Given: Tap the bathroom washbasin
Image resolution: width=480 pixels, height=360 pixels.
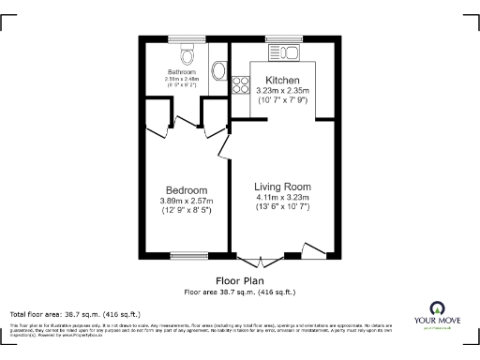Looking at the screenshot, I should click(219, 71).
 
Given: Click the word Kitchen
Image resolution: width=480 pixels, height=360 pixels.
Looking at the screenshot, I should click(282, 80).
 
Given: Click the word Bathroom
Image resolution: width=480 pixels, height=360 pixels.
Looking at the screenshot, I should click(182, 72).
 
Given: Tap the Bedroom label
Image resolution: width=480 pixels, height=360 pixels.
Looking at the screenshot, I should click(187, 190).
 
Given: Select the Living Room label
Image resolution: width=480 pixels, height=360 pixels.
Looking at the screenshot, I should click(282, 187).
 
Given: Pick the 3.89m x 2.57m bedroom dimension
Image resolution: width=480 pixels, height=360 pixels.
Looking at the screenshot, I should click(187, 201).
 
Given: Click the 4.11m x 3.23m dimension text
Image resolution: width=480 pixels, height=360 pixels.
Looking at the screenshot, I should click(282, 197).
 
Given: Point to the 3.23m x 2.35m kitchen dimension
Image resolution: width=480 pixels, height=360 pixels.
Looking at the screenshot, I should click(282, 90).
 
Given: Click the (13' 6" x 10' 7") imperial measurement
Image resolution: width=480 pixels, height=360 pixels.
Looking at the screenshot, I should click(282, 207).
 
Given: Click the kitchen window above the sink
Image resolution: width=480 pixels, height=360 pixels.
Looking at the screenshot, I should click(281, 39).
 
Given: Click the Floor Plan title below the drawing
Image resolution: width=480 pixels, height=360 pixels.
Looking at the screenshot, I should click(239, 280).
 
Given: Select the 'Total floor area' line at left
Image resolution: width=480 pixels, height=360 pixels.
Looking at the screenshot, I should click(75, 313).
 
